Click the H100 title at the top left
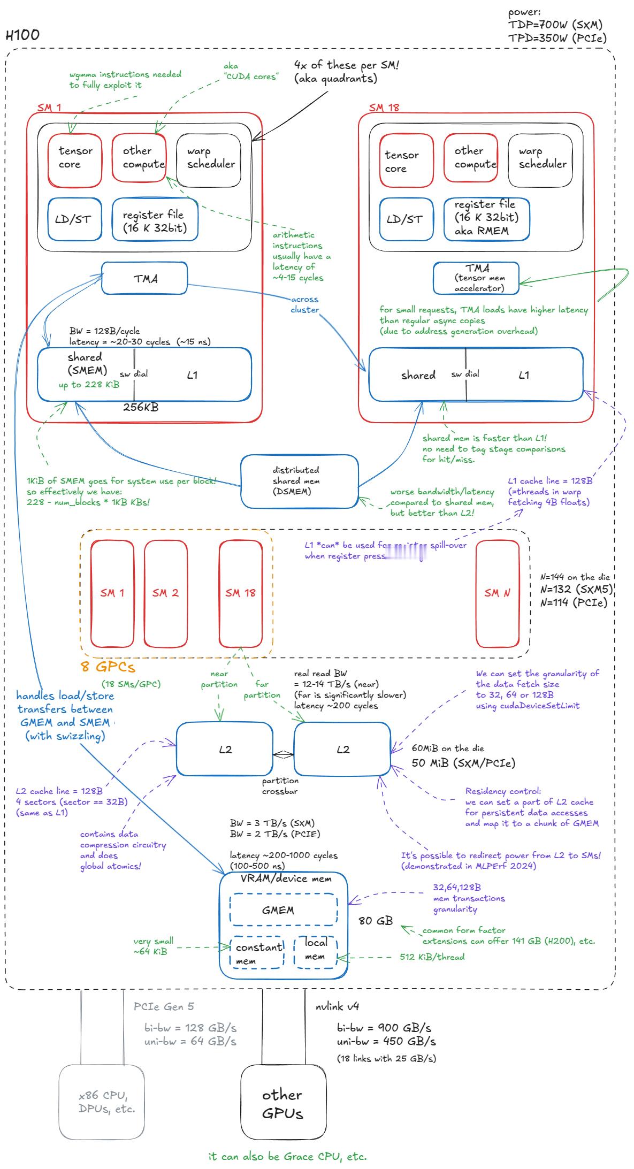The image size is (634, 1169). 22,35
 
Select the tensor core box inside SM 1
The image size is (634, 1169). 75,160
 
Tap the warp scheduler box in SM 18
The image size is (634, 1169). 540,160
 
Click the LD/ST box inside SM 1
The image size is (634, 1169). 74,219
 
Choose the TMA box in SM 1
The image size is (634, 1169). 144,278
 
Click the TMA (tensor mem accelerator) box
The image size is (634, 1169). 476,278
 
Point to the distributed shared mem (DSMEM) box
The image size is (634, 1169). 299,481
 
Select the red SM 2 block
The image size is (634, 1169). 165,593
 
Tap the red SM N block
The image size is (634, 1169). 497,593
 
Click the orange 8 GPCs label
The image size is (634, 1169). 108,667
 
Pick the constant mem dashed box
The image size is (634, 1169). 257,953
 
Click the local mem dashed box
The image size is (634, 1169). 315,952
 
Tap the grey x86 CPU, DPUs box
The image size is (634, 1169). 101,1102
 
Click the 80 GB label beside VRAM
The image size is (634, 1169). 376,921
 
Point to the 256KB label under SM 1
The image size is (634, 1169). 141,407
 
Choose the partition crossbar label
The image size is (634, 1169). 280,786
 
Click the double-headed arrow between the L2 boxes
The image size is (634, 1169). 283,755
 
